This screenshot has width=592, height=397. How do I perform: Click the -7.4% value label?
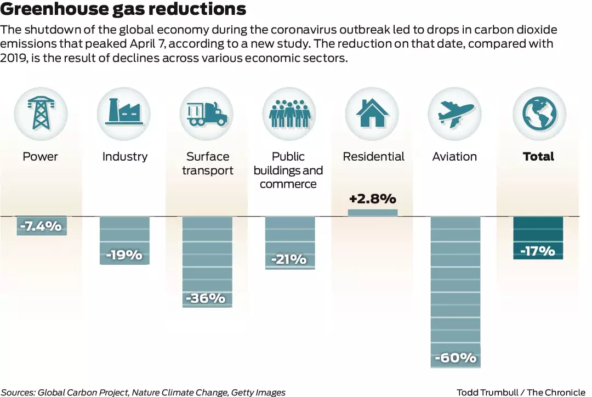41,226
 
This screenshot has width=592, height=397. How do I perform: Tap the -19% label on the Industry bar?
124,255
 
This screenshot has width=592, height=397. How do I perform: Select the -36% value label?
207,298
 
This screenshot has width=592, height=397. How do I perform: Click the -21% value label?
289,259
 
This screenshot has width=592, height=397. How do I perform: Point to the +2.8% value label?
373,198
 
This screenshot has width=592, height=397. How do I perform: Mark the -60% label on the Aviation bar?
456,359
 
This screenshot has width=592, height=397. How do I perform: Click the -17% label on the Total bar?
538,251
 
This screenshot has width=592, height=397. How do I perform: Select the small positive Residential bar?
373,213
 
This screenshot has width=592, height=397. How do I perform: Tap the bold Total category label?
538,157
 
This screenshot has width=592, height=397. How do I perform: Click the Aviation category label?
454,157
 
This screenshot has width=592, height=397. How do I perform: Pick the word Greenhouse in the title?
58,9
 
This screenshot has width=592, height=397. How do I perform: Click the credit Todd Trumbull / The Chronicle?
521,392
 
